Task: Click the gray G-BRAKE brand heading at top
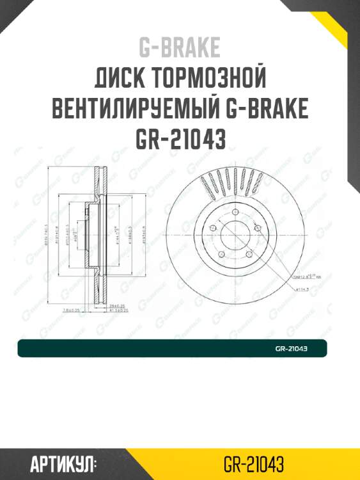pos(180,48)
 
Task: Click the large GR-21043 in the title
pos(180,139)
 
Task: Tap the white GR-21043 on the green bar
pos(292,349)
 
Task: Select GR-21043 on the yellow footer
pos(254,463)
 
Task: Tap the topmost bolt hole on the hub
pos(236,212)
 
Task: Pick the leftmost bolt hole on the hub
pos(214,227)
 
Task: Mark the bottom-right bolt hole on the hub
pos(249,255)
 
